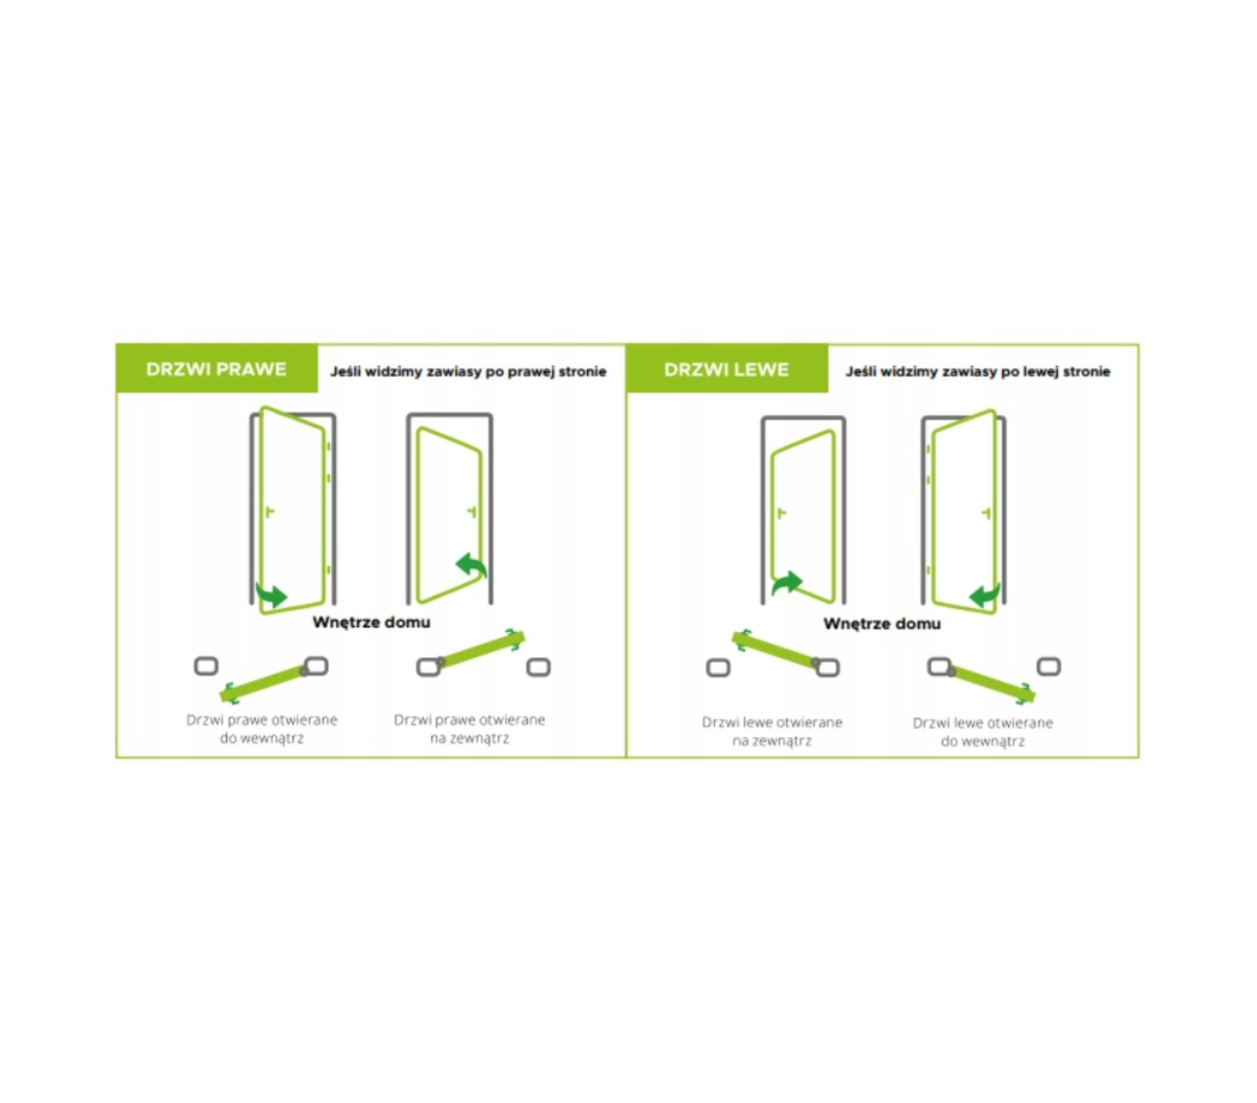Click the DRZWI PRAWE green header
(217, 368)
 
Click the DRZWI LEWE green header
(727, 369)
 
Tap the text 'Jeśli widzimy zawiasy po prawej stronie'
(468, 371)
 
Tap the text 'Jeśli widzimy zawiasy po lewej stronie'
(978, 371)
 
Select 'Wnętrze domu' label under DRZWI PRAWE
(371, 622)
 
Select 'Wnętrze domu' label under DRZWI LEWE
(882, 624)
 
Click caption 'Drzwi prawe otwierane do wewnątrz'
(262, 729)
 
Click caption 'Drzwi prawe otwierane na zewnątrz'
(469, 729)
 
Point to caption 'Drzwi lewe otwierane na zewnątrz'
(772, 731)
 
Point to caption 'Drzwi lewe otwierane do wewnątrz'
(983, 732)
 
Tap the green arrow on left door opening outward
(787, 583)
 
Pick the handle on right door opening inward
(269, 512)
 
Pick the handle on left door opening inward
(986, 513)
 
